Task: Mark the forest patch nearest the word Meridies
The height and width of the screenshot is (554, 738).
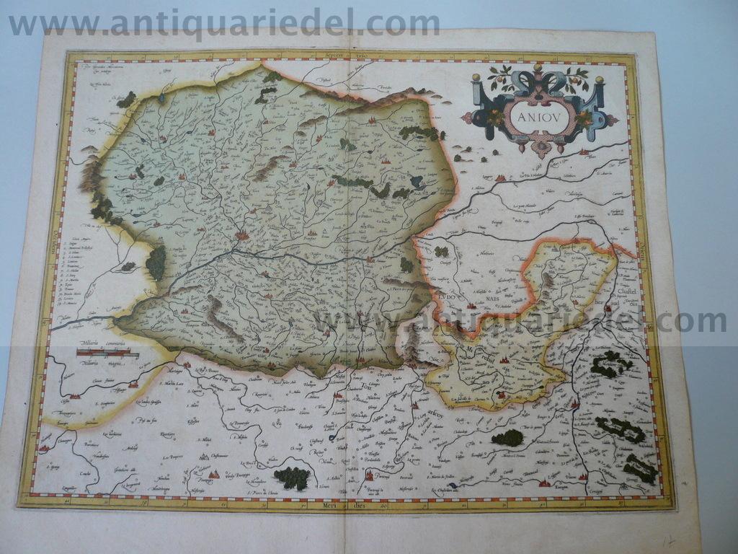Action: tap(293, 478)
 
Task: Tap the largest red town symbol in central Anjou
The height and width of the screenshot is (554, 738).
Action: tap(241, 234)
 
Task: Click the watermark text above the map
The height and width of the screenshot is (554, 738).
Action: tap(223, 23)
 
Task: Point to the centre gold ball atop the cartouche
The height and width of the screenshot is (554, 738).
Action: tap(538, 68)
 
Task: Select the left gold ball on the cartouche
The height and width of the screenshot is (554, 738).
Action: tap(476, 77)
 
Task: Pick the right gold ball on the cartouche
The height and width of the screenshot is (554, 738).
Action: tap(599, 79)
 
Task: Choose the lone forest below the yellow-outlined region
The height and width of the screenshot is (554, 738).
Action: tap(507, 437)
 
